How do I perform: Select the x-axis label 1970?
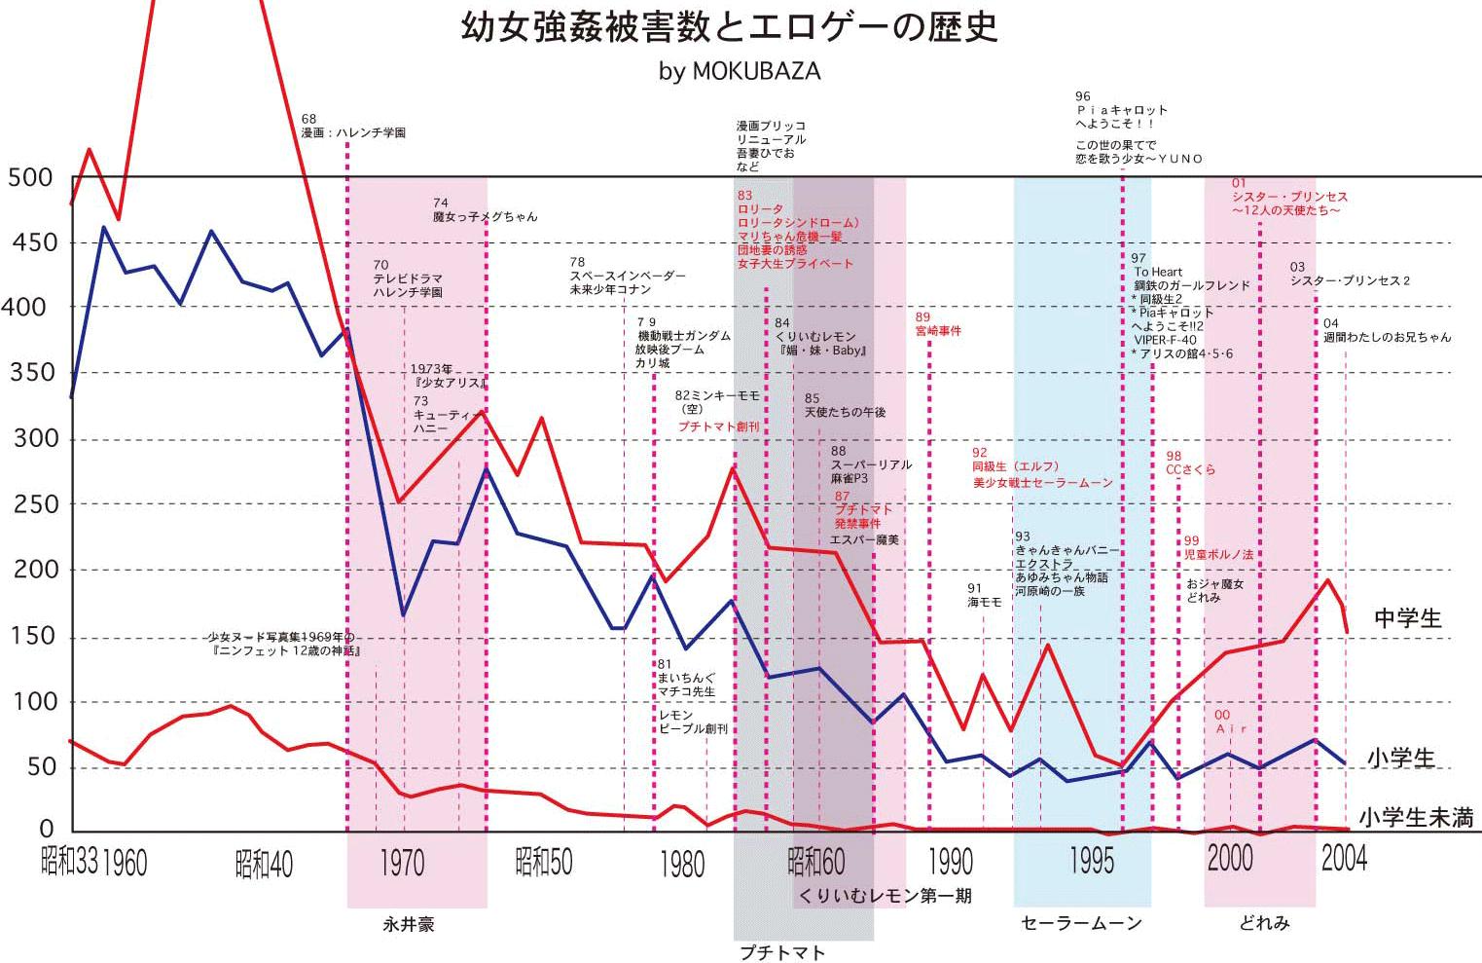coord(402,863)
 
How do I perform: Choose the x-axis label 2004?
coord(1344,858)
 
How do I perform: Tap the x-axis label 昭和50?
coord(543,862)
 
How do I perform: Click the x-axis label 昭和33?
coord(69,862)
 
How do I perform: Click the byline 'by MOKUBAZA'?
coord(740,72)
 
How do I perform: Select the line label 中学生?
coord(1407,618)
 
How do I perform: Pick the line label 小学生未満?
coord(1415,818)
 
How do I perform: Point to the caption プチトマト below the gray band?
coord(782,952)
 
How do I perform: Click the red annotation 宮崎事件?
coord(938,331)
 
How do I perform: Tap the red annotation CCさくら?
coord(1191,469)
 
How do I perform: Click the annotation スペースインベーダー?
coord(628,276)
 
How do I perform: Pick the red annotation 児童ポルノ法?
coord(1218,554)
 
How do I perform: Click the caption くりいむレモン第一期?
coord(885,895)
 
